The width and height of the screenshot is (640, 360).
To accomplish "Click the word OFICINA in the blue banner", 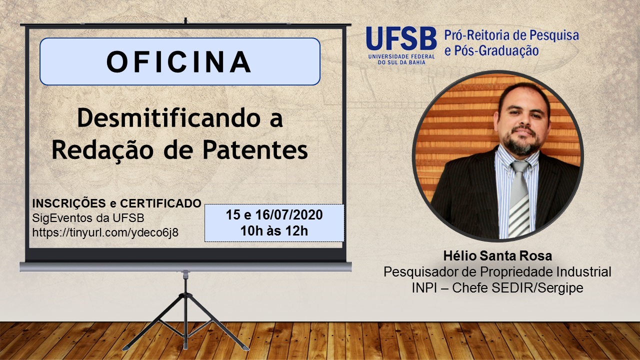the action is [179, 61].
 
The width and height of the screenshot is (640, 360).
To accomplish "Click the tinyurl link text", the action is [105, 232].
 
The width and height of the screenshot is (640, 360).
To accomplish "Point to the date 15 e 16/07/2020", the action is [274, 215].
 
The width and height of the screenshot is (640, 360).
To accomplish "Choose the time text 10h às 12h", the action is [274, 231].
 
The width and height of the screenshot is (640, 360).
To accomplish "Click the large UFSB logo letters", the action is [401, 38].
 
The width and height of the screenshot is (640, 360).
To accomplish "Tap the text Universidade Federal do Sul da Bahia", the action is [401, 59].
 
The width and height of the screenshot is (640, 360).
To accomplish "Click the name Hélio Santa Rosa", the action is [497, 256].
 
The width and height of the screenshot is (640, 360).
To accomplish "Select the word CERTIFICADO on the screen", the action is [160, 203].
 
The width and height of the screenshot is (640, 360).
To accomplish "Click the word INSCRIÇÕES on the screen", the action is [69, 203].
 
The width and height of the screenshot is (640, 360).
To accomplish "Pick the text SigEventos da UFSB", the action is [88, 218].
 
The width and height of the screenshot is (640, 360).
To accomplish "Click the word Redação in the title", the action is [102, 150].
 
